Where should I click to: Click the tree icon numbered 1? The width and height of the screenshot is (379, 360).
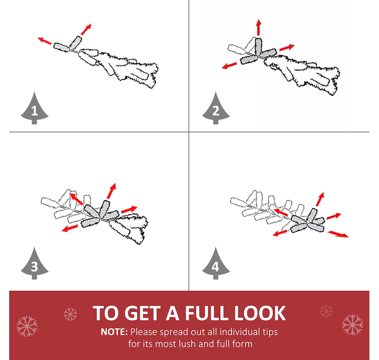(x=35, y=109)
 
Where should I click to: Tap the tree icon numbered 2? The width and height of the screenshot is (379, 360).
(x=216, y=109)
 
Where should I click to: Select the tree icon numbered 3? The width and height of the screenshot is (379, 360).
(x=35, y=264)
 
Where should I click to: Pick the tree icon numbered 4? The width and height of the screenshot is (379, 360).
(x=216, y=264)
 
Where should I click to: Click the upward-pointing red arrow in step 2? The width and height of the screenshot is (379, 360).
(x=259, y=27)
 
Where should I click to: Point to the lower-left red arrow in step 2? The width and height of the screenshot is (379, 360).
(x=229, y=65)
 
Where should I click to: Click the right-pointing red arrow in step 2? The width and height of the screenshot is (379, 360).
(x=287, y=47)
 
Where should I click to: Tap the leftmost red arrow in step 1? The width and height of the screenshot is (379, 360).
(x=44, y=41)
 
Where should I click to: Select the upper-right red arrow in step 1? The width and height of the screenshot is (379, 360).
(x=86, y=29)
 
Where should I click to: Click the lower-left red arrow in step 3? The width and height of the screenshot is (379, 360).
(x=69, y=228)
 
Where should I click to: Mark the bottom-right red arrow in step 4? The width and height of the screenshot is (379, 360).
(x=338, y=234)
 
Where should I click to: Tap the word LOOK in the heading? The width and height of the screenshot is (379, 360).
(x=260, y=313)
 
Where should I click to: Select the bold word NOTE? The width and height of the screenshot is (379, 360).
(x=114, y=332)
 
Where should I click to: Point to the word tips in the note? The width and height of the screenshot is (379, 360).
(x=270, y=332)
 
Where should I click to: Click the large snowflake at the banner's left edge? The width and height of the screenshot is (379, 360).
(x=27, y=326)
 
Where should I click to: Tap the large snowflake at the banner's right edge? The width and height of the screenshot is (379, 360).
(x=352, y=325)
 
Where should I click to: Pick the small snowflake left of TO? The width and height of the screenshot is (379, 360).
(x=70, y=314)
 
